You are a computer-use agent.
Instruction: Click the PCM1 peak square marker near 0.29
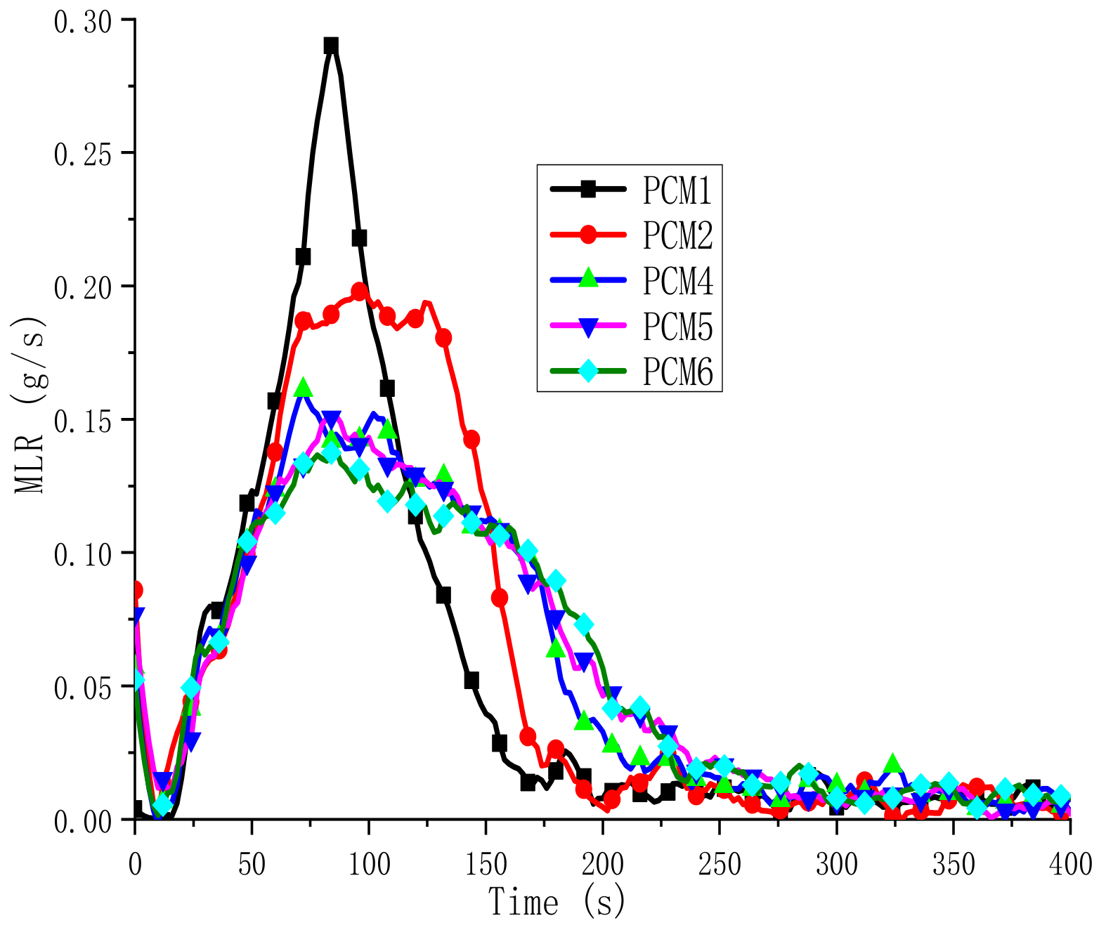coord(331,46)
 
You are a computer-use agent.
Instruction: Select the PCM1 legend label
coord(677,190)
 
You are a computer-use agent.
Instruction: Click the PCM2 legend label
coord(677,235)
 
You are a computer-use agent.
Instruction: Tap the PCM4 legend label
coord(677,280)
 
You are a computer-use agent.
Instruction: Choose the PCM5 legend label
coord(677,326)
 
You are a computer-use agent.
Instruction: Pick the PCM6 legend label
coord(677,372)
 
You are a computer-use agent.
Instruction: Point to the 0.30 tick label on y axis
coord(82,21)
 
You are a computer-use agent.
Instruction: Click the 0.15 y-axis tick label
coord(82,421)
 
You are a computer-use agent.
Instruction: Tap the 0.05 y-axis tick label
coord(82,688)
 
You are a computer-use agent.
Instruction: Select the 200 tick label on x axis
coord(602,864)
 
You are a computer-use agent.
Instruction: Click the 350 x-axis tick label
coord(954,864)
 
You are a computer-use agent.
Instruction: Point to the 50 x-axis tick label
coord(252,864)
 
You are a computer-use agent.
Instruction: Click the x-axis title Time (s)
coord(557,902)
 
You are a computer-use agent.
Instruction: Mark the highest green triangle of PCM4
coord(303,387)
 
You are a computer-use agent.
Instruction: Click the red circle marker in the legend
coord(588,234)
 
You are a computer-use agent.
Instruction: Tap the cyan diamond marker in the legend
coord(588,370)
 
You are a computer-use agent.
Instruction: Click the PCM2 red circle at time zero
coord(135,589)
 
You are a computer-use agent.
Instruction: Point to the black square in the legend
coord(588,188)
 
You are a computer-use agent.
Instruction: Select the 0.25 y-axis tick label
coord(82,155)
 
